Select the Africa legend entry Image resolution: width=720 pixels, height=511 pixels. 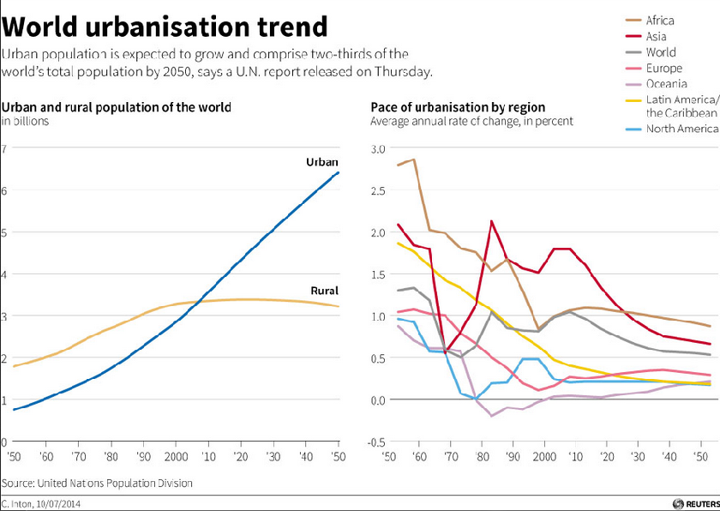659,21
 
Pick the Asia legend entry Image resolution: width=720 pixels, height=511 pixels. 656,37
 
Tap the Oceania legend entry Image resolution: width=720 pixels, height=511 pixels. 667,84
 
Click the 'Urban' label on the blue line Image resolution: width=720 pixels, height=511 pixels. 322,162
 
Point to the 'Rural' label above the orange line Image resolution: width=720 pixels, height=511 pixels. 324,291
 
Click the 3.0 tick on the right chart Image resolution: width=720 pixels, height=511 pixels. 378,148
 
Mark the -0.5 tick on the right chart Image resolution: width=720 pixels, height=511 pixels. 376,442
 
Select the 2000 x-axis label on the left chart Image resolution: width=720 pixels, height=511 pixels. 177,456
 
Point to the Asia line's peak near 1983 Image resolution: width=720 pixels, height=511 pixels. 491,221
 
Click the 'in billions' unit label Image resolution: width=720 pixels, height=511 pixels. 26,122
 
